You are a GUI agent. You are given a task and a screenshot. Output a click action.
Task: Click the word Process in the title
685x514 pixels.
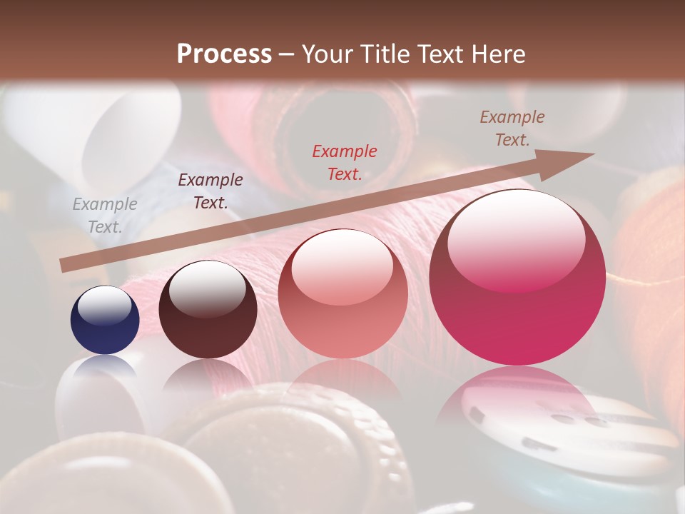(x=224, y=54)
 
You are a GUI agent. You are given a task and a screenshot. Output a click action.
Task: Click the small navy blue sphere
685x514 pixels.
(x=105, y=321)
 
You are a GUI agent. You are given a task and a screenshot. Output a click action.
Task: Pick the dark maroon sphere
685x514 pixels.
(x=208, y=310)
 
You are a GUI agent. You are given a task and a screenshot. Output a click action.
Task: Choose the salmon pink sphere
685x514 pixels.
(x=342, y=294)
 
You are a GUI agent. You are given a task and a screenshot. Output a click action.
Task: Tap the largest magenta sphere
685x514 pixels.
(x=517, y=278)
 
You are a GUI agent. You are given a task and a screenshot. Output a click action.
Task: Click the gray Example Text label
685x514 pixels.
(x=105, y=216)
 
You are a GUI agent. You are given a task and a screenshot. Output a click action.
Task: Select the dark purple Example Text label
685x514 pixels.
(x=210, y=191)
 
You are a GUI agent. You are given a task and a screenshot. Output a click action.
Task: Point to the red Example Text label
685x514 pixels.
(x=345, y=162)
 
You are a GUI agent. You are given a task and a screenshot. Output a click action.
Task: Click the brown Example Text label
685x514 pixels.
(x=512, y=128)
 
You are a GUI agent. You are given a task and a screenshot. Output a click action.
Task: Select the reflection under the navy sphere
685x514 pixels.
(x=105, y=368)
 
